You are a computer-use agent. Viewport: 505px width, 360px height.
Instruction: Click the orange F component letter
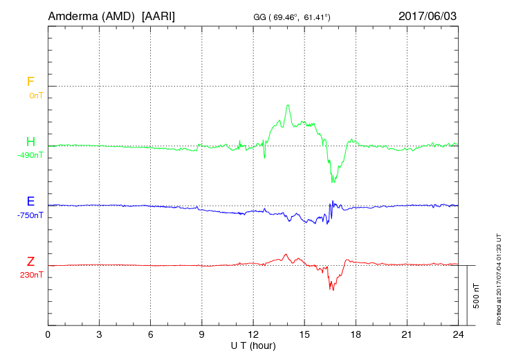30,82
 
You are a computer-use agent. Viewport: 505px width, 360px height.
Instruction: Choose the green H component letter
30,143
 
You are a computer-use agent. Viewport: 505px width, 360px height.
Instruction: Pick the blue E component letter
30,202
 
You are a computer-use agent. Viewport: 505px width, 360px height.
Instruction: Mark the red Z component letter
30,262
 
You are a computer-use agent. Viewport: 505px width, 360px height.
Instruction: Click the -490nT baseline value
30,155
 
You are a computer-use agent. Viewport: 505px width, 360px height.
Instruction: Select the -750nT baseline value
30,215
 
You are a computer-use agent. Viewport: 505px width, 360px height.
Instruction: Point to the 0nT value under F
35,95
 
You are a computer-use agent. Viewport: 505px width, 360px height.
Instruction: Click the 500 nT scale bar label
477,296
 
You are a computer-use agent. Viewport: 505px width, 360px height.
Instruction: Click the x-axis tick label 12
253,334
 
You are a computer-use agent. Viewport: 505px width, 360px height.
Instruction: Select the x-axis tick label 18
356,334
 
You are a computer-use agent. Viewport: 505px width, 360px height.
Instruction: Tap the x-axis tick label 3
100,334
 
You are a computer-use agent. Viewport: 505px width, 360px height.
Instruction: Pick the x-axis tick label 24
458,334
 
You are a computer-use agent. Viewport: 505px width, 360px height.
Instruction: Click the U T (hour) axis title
253,345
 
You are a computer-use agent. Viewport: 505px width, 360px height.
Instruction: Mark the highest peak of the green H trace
288,105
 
